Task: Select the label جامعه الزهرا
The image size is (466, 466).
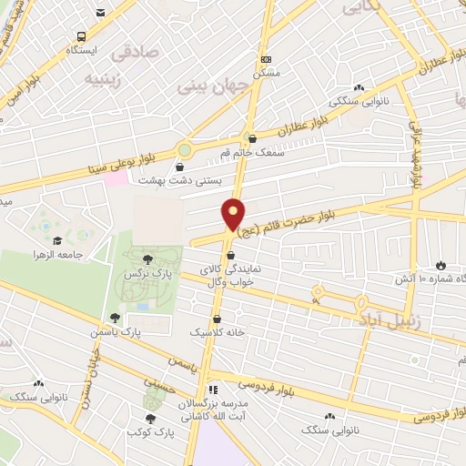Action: (83, 254)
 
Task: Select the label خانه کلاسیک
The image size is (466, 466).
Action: (218, 333)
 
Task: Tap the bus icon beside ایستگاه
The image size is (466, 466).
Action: (82, 37)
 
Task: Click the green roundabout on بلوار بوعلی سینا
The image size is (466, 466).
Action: (186, 149)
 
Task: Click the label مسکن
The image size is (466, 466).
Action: (266, 71)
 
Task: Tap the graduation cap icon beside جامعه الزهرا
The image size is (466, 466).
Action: (58, 240)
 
